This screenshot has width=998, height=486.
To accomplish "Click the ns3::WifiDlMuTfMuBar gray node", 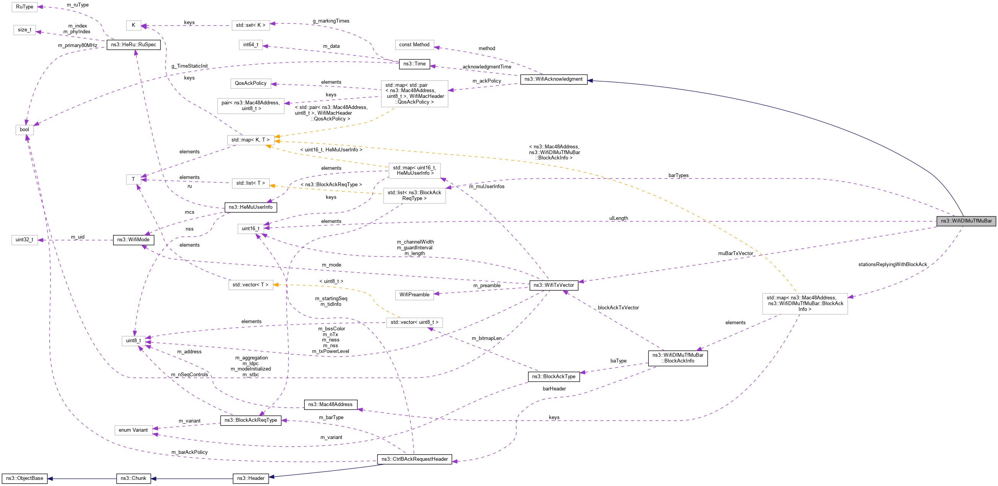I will tap(966, 221).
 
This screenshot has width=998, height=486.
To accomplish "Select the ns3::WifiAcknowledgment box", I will tap(553, 79).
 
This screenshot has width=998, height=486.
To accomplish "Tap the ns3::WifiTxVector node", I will tap(554, 285).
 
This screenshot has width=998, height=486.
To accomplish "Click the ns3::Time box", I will tap(414, 64).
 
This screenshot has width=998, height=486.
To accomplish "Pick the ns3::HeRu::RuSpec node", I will tap(133, 45).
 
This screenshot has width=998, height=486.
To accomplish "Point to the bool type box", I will tap(24, 130).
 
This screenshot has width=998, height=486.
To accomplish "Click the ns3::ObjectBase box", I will tap(24, 478).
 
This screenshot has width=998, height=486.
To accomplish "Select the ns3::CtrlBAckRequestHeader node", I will tap(414, 459).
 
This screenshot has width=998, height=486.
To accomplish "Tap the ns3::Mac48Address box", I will tap(330, 405).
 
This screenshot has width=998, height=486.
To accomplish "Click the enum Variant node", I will tap(133, 430).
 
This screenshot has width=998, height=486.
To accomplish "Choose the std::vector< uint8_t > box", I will tap(414, 322).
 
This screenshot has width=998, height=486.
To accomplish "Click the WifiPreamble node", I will tap(414, 295).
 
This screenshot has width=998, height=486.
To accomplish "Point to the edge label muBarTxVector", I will tap(736, 254).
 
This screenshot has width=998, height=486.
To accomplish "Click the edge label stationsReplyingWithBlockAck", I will tap(892, 265).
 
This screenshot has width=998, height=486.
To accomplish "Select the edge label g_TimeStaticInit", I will tap(190, 66).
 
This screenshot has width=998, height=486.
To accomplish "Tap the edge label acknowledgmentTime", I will tap(487, 67).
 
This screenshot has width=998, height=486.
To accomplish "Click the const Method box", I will tap(414, 45).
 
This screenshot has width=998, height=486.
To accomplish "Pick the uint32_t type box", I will tap(24, 240).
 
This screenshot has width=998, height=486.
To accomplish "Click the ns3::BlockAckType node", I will tap(553, 377).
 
